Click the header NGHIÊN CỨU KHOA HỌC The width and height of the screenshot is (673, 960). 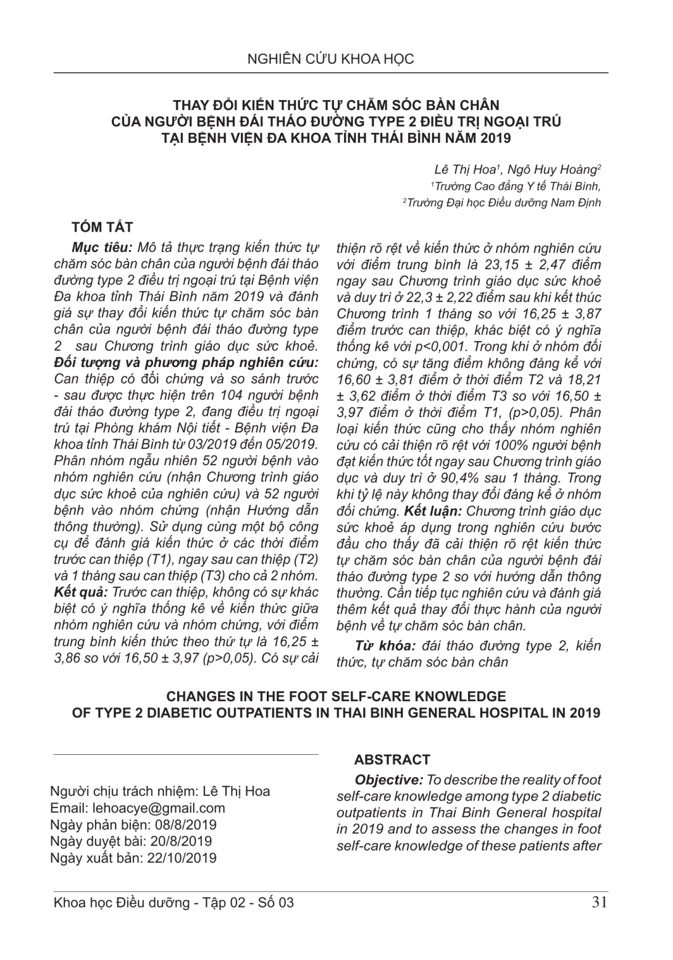pyautogui.click(x=330, y=59)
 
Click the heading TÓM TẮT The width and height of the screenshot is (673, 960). pyautogui.click(x=102, y=227)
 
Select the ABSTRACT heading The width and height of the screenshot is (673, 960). pyautogui.click(x=392, y=760)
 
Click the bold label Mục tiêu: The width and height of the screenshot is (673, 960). pyautogui.click(x=102, y=248)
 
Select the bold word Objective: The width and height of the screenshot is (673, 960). pyautogui.click(x=389, y=780)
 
